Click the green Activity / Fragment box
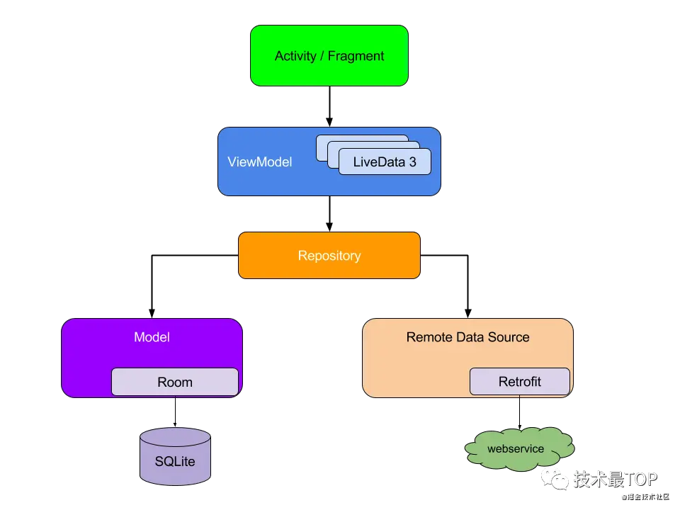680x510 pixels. pos(329,56)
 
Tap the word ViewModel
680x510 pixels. pos(259,162)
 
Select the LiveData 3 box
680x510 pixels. pos(385,162)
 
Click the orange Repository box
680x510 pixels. pos(329,256)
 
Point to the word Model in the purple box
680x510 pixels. pos(152,337)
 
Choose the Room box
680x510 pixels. pos(175,382)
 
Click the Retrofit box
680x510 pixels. pos(519,381)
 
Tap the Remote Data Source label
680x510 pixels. pos(467,337)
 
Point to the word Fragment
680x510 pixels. pos(356,56)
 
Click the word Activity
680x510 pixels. pos(295,56)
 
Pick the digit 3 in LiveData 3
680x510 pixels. pos(412,162)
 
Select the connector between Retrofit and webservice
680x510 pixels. pos(519,411)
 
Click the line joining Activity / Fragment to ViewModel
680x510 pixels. pos(329,106)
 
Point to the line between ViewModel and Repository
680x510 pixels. pos(329,214)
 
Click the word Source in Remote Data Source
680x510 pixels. pos(508,337)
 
